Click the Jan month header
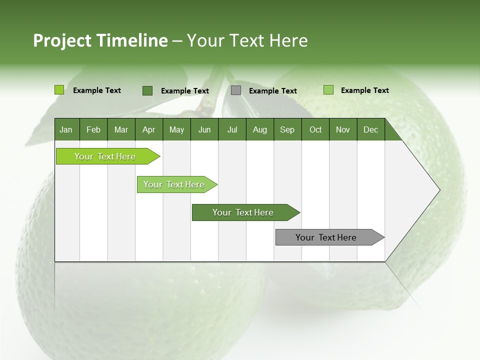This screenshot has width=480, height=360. tap(66, 129)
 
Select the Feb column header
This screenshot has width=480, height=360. tap(93, 129)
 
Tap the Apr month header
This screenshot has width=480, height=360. tap(148, 129)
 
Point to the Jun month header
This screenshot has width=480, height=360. tap(204, 129)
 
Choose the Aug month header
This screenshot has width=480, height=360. tap(259, 129)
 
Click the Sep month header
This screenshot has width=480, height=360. tap(287, 129)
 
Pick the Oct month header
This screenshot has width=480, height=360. tap(315, 129)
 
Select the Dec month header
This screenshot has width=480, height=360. tap(370, 129)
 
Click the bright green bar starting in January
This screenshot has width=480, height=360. tap(105, 156)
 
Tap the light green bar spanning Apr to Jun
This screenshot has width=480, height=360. tap(174, 184)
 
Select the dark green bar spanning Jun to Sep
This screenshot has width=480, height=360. tap(243, 212)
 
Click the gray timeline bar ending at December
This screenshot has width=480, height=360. tap(326, 237)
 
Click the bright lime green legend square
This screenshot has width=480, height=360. tap(59, 90)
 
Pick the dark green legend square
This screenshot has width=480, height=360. tap(147, 90)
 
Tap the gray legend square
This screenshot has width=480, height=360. tap(236, 90)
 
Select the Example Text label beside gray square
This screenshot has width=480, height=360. tap(273, 91)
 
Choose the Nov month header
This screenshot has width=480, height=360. tap(342, 129)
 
